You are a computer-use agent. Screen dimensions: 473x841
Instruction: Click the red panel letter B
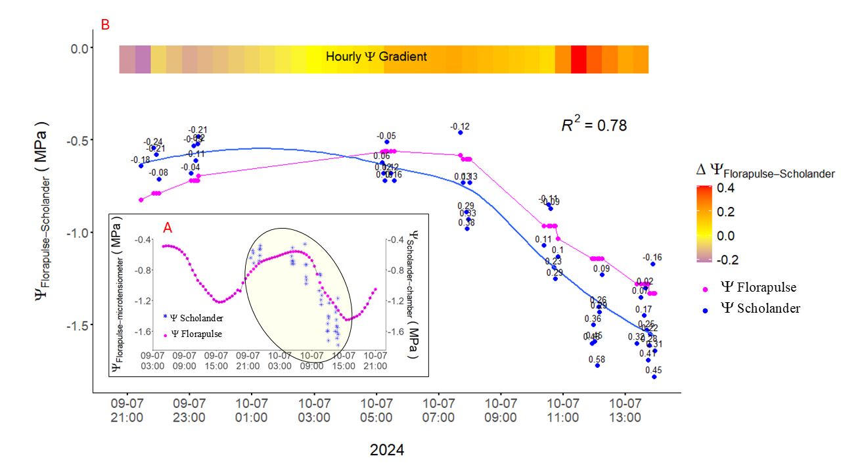coord(105,25)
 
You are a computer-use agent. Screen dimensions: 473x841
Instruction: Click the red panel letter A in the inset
coord(168,228)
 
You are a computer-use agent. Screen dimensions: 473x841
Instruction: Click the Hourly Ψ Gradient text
coord(376,57)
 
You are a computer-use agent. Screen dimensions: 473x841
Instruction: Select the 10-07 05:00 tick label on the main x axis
coord(376,410)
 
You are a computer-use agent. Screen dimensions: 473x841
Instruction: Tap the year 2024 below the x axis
coord(387,450)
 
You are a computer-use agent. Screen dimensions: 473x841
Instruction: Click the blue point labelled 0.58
coord(597,365)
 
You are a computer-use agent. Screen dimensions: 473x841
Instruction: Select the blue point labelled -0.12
coord(461,133)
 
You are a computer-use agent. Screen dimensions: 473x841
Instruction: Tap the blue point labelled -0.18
coord(141,166)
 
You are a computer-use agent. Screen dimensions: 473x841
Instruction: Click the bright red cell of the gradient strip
coord(578,59)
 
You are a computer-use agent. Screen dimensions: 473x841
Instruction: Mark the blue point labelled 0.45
coord(654,376)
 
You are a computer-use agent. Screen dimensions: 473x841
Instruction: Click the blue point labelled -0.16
coord(653,263)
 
